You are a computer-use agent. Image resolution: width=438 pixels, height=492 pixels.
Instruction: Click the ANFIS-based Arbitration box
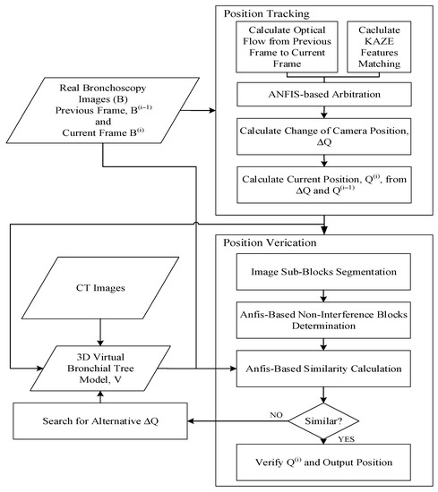point(324,94)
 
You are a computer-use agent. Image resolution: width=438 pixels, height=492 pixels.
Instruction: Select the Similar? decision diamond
point(323,420)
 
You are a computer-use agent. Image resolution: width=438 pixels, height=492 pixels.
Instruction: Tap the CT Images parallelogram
point(100,288)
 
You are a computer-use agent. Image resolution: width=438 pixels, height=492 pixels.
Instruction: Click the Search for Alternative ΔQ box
point(100,420)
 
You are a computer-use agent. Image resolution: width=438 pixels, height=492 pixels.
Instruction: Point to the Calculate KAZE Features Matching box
point(379,47)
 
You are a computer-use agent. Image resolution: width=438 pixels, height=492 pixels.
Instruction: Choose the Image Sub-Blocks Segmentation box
point(323,272)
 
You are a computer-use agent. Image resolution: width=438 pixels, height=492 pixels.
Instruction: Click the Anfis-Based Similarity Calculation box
point(323,369)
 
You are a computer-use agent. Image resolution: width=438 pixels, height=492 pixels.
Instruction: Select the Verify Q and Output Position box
point(323,462)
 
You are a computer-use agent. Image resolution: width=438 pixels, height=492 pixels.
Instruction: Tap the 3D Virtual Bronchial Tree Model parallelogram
point(100,368)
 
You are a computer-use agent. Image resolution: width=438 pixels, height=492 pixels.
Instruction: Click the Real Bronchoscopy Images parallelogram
point(103,110)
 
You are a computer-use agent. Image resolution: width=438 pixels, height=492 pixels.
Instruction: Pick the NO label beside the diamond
point(276,415)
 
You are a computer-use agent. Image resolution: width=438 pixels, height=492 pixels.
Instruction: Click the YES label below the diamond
point(347,439)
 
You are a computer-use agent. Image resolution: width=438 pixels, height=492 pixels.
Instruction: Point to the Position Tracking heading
point(266,13)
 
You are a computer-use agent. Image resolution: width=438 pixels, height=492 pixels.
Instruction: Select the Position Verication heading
point(270,242)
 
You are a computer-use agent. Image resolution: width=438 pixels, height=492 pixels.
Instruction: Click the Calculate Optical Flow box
point(287,47)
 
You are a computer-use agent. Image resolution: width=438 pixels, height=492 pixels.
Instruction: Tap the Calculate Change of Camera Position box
point(324,136)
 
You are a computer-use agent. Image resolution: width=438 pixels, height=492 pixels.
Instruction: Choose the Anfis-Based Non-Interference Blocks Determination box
point(323,320)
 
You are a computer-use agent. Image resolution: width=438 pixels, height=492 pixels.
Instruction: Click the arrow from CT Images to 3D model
point(100,333)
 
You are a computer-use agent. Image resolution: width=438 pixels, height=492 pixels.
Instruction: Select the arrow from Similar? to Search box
point(238,420)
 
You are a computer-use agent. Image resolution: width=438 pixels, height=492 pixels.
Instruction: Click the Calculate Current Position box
point(324,185)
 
